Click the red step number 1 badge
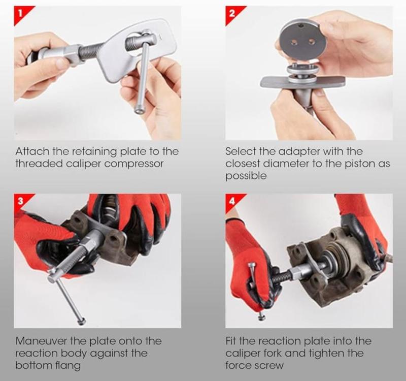point(21,14)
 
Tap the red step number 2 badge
point(232,14)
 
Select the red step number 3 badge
point(21,201)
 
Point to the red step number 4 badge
point(232,201)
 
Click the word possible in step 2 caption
point(246,176)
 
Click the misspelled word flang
point(68,366)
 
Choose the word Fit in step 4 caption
point(230,341)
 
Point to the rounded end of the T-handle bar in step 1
point(140,110)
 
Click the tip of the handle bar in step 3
point(82,322)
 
